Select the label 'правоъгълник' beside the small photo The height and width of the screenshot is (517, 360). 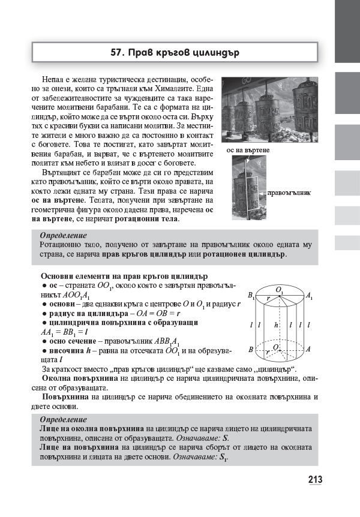[x=291, y=193]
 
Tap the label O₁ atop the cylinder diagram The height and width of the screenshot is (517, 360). [x=280, y=290]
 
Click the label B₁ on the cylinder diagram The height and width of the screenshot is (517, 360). [x=251, y=296]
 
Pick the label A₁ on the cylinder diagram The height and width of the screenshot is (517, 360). [x=308, y=296]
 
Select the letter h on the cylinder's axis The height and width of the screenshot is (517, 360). [x=275, y=324]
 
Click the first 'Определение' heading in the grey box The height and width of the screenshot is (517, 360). [x=63, y=235]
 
